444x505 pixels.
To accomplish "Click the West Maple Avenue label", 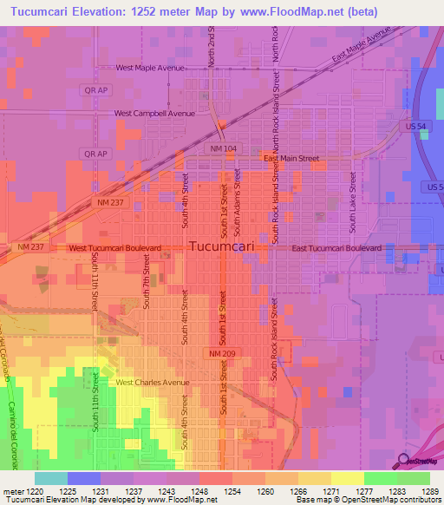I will click(x=151, y=68).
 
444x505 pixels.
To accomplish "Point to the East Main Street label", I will click(x=291, y=159).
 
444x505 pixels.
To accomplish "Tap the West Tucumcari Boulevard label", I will click(x=114, y=248).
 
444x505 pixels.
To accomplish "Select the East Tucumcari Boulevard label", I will click(x=336, y=248).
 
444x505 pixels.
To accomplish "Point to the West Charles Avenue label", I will click(x=152, y=382).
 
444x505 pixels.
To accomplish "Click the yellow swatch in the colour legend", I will click(x=347, y=478).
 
